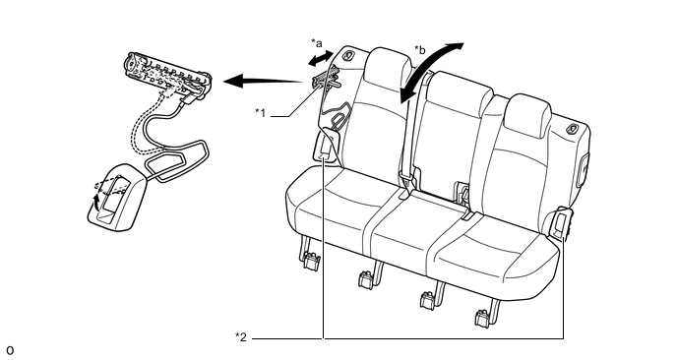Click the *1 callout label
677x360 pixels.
tap(261, 113)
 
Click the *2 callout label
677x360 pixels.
tap(241, 337)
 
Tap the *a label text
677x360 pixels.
tap(317, 43)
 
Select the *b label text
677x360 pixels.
tap(419, 50)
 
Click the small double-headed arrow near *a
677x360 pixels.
tap(321, 59)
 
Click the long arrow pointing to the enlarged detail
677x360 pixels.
tap(264, 81)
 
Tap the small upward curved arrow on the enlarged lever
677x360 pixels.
tap(97, 202)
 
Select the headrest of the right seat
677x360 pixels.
tap(527, 115)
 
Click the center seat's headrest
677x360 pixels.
tap(461, 91)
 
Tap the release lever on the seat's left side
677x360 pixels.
tap(327, 146)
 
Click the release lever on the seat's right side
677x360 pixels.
tap(562, 223)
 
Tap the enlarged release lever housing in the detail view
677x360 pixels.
tap(116, 198)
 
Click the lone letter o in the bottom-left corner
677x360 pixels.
tap(10, 350)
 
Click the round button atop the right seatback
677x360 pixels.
tap(573, 128)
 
